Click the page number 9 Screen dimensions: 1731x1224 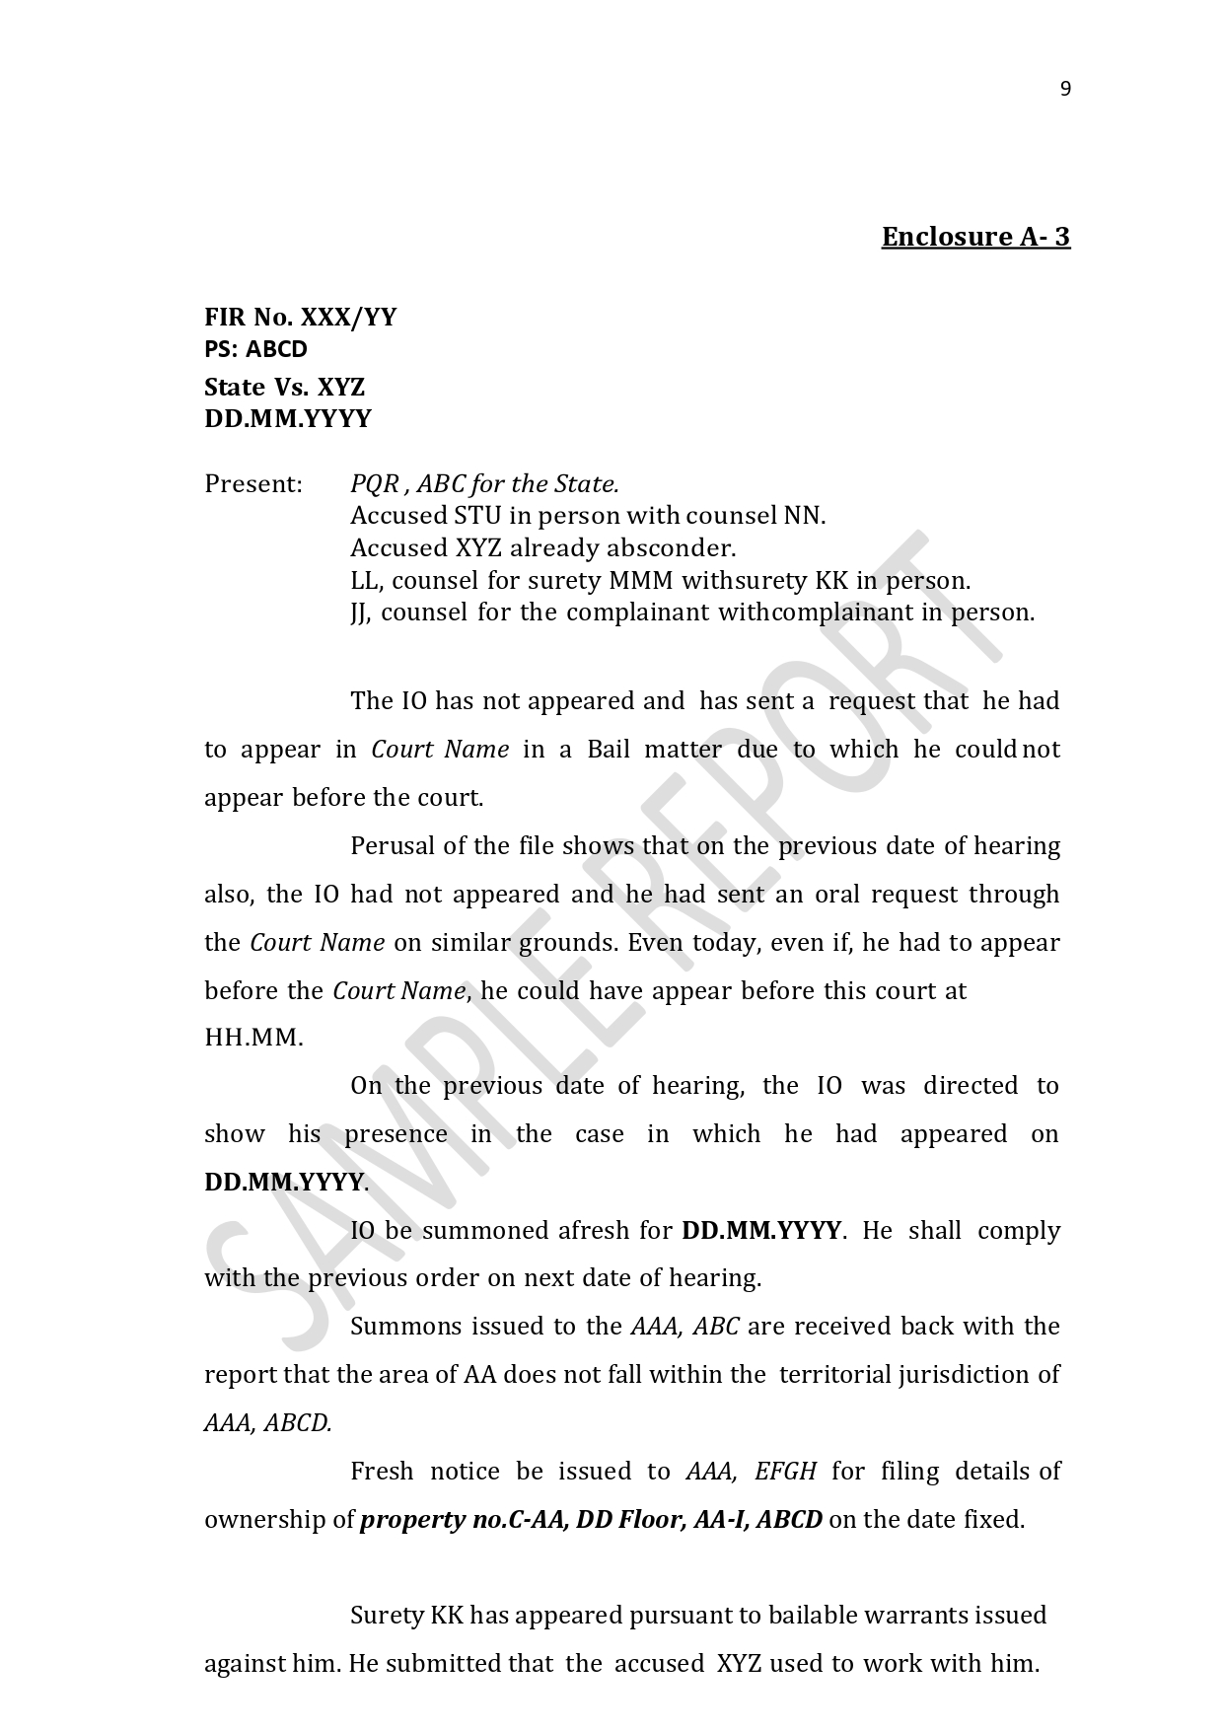pyautogui.click(x=1064, y=90)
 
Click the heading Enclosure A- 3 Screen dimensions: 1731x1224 pyautogui.click(x=974, y=237)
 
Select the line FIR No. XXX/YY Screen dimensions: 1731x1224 pyautogui.click(x=300, y=317)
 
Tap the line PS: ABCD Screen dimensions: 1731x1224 pyautogui.click(x=255, y=349)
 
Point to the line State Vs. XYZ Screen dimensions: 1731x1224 pyautogui.click(x=284, y=387)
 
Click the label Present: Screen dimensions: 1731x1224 pyautogui.click(x=252, y=484)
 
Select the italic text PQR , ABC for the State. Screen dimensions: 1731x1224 pyautogui.click(x=484, y=484)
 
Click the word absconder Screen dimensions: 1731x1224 pyautogui.click(x=671, y=548)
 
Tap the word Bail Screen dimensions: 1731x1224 pyautogui.click(x=609, y=750)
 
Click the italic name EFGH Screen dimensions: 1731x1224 pyautogui.click(x=785, y=1472)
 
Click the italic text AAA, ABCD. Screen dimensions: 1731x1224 pyautogui.click(x=267, y=1423)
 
